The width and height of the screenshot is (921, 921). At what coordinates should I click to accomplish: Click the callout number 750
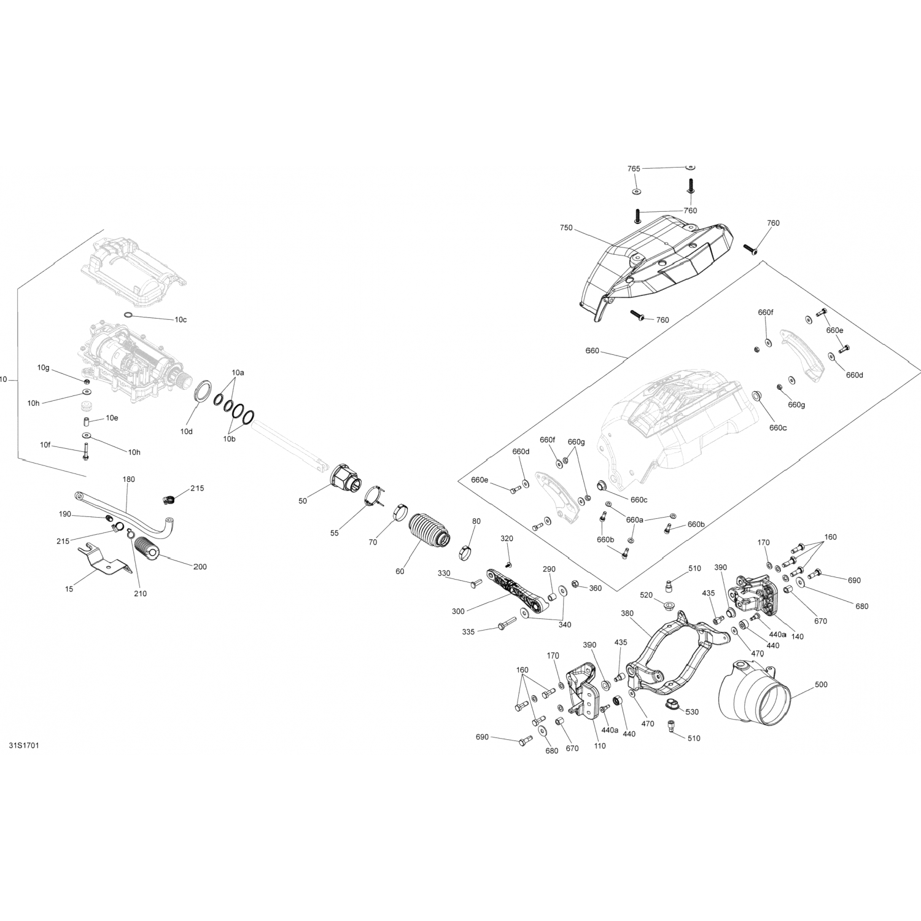tap(566, 228)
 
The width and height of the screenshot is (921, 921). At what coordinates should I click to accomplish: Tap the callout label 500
tap(821, 684)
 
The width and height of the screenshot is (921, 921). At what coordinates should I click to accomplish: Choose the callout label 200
tap(200, 567)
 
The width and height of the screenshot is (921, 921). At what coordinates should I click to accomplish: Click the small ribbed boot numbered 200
tap(147, 549)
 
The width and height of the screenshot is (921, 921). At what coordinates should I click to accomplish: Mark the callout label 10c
tap(181, 320)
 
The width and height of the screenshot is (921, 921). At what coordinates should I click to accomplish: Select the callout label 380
tap(627, 613)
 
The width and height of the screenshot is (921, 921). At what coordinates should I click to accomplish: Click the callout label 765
tap(634, 169)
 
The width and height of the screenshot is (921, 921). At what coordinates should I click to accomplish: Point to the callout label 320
tap(507, 538)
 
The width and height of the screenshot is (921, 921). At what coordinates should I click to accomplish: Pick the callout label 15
tap(69, 589)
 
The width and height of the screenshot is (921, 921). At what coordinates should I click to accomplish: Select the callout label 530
tap(693, 712)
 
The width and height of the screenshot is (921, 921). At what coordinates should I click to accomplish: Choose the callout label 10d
tap(187, 432)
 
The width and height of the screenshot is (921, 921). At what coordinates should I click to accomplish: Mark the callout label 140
tap(797, 637)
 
